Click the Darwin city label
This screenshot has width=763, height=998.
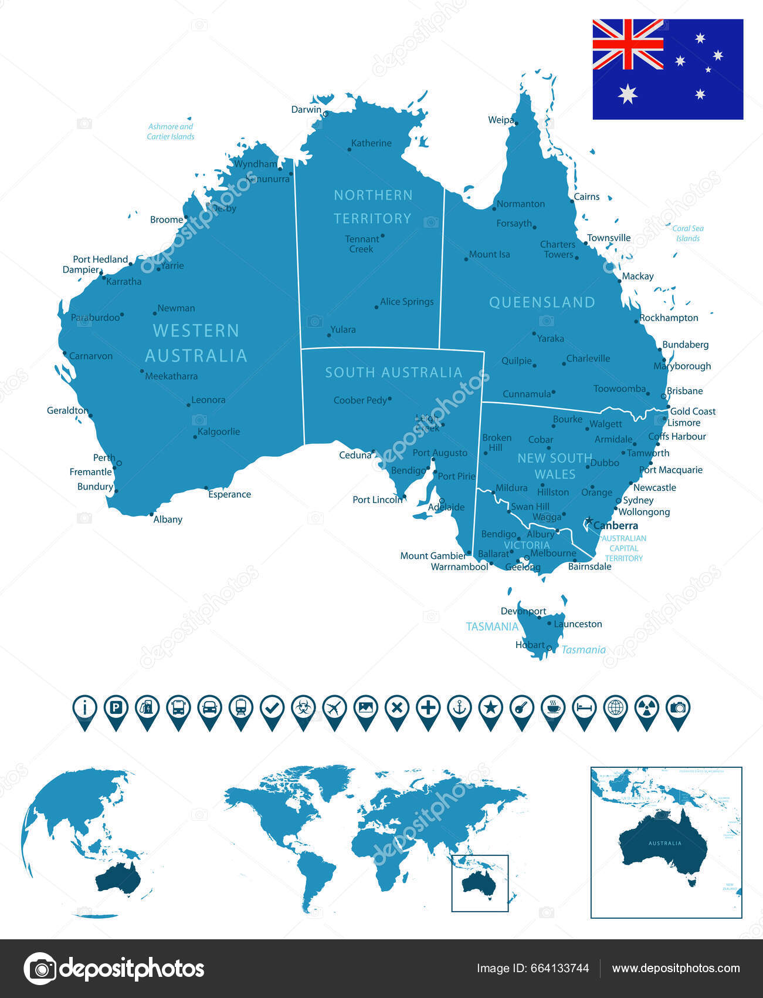pyautogui.click(x=306, y=110)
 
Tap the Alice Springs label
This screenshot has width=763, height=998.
pyautogui.click(x=406, y=302)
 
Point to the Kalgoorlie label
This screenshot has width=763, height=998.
pyautogui.click(x=219, y=432)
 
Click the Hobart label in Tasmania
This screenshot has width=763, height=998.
pyautogui.click(x=530, y=645)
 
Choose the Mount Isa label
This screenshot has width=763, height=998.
pyautogui.click(x=489, y=255)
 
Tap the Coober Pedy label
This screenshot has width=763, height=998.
pyautogui.click(x=360, y=400)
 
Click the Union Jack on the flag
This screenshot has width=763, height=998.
pyautogui.click(x=628, y=44)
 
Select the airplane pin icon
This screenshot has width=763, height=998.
pyautogui.click(x=334, y=708)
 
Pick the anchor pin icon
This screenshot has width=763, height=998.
pyautogui.click(x=459, y=708)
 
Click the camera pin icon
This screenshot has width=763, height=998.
pyautogui.click(x=678, y=708)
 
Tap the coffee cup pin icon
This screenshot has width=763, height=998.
pyautogui.click(x=553, y=708)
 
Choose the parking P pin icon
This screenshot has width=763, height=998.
pyautogui.click(x=116, y=708)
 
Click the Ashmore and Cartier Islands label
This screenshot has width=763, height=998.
pyautogui.click(x=170, y=132)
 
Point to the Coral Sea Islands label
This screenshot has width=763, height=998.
pyautogui.click(x=688, y=234)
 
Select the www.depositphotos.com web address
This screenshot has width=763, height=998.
pyautogui.click(x=676, y=968)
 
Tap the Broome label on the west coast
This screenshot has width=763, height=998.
pyautogui.click(x=167, y=220)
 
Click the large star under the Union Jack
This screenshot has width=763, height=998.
pyautogui.click(x=628, y=94)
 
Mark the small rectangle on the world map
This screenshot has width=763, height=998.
pyautogui.click(x=480, y=883)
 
